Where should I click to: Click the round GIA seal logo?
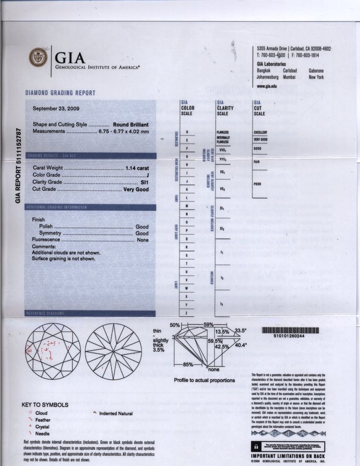click(x=38, y=56)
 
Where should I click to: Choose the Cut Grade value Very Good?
click(x=136, y=189)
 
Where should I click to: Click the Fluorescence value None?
click(x=142, y=240)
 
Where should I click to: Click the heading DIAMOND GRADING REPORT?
click(x=60, y=93)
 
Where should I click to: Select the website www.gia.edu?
click(x=267, y=85)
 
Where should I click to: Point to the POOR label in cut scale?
click(x=257, y=184)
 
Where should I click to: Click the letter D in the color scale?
click(x=187, y=132)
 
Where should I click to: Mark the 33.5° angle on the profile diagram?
click(x=241, y=330)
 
